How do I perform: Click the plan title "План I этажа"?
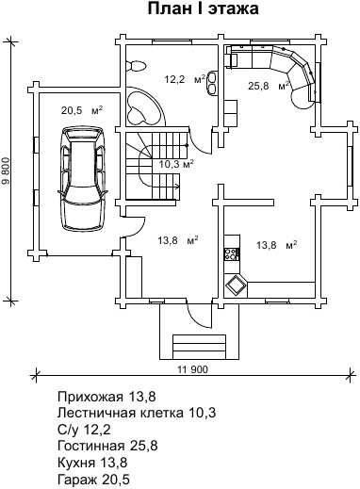point(204,9)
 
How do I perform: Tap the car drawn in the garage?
point(83,178)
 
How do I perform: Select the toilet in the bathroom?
point(136,66)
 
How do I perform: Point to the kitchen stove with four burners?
point(232,253)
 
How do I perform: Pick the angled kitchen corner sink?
point(236,285)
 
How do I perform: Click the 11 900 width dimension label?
point(192,369)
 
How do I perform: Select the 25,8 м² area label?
point(269,86)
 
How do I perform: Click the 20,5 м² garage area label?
point(82,110)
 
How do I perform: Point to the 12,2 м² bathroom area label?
point(185,79)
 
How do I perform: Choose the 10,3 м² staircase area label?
point(176,164)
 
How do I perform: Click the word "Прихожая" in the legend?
point(90,398)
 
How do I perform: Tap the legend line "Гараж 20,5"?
point(93,480)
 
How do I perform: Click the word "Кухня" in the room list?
point(76,463)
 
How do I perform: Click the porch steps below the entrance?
point(199,345)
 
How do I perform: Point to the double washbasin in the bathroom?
point(212,83)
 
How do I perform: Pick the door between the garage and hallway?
point(134,226)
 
